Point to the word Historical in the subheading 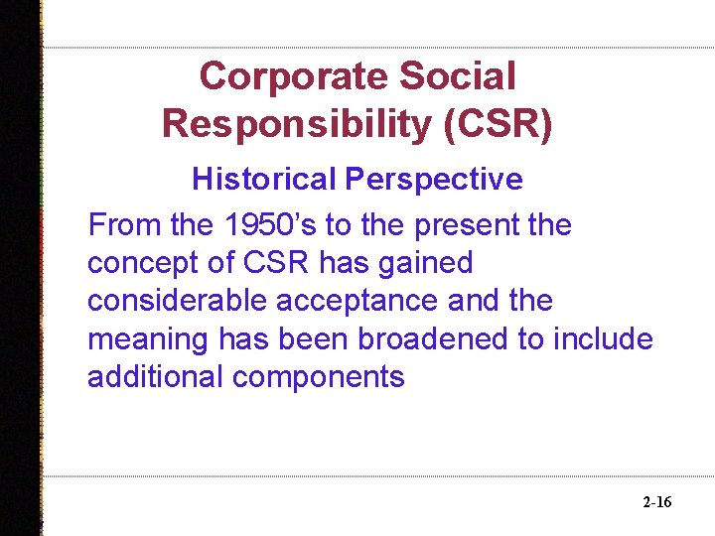(264, 180)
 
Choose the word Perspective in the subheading (433, 180)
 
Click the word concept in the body (141, 263)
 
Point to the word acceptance (365, 301)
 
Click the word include (604, 338)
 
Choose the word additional (154, 376)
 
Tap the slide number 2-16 (656, 503)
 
